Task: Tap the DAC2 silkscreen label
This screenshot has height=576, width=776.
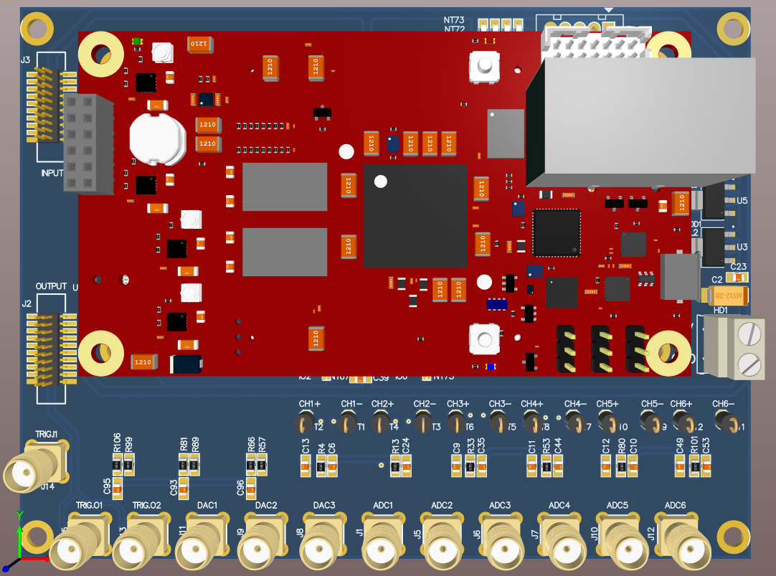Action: pyautogui.click(x=266, y=506)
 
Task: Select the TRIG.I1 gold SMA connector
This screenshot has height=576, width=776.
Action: pyautogui.click(x=32, y=470)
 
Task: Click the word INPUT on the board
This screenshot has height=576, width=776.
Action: pyautogui.click(x=52, y=173)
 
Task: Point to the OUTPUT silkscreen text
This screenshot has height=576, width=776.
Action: pyautogui.click(x=51, y=285)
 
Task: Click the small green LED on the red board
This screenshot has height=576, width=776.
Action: pyautogui.click(x=137, y=42)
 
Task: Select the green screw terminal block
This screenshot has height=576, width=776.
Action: pyautogui.click(x=736, y=347)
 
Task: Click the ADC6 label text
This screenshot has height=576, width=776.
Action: pyautogui.click(x=675, y=506)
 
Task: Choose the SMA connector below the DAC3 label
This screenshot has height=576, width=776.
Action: pyautogui.click(x=324, y=544)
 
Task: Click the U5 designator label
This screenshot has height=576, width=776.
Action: pyautogui.click(x=742, y=201)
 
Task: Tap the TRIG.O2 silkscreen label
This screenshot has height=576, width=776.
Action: pyautogui.click(x=146, y=506)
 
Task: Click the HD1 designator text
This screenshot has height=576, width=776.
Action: pyautogui.click(x=721, y=310)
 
